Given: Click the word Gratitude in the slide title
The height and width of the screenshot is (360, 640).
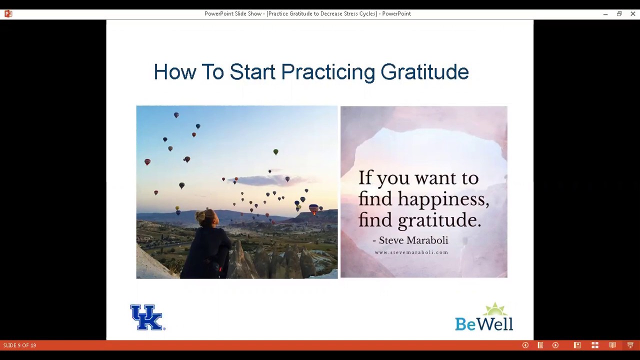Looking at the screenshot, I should point(424,72).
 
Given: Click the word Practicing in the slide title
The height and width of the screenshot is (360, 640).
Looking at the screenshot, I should point(327,72).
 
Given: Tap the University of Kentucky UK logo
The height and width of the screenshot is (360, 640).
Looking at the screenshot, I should point(147,317).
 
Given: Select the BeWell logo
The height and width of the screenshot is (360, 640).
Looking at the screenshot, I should point(483,317).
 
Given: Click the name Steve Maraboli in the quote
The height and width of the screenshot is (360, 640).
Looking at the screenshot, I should point(413,240).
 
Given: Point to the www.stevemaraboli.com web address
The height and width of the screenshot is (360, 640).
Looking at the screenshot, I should point(411,252).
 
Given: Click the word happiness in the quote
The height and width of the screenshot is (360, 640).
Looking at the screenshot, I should point(443,199).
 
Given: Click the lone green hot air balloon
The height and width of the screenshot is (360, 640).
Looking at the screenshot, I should point(275,152).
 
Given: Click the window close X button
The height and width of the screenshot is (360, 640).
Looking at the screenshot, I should point(632,13).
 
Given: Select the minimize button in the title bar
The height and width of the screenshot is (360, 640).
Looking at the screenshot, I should point(605,13).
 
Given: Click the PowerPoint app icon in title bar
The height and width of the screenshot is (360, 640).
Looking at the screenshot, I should point(8,13).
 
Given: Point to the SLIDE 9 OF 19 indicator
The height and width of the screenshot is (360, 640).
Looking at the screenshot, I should point(19,345).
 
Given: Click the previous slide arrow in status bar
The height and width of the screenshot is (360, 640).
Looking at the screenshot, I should point(525,345).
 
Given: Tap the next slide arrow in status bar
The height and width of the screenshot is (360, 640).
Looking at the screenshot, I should point(555,345).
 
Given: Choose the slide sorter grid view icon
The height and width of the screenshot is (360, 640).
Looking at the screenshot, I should point(594,345).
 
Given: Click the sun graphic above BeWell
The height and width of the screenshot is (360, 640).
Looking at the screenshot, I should point(494,309).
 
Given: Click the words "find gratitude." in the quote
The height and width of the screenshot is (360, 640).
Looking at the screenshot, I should point(419,220).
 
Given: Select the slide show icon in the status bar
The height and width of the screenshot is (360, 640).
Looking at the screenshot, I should point(630,345).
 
